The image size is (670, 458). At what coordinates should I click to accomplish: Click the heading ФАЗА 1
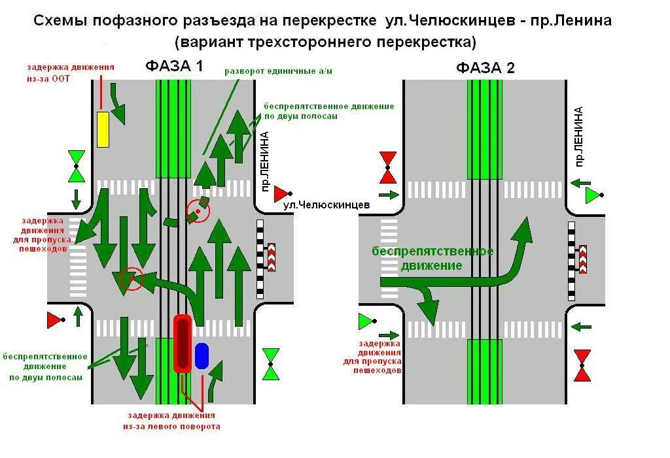pos(174,66)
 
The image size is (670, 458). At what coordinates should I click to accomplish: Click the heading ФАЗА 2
pos(485,67)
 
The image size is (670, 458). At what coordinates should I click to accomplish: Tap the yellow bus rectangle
pos(103,129)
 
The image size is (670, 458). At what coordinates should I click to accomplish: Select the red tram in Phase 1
pos(182,343)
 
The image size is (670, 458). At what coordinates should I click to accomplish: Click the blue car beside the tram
pos(202,355)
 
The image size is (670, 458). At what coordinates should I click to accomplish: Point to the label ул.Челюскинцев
pos(326,205)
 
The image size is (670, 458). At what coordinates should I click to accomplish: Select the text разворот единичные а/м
pos(278,71)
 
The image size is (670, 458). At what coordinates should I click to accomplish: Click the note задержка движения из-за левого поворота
pos(171,421)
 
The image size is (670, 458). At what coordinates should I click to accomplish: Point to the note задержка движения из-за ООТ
pos(70,73)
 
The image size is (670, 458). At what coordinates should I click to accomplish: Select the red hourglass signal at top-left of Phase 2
pos(389,167)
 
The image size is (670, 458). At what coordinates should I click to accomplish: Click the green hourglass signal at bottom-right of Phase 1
pos(271,364)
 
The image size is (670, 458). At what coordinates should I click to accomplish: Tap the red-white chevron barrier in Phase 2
pos(582,259)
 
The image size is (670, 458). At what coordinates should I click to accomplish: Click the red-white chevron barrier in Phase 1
pos(271,257)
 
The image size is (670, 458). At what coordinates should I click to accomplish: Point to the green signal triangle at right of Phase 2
pos(593,195)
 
